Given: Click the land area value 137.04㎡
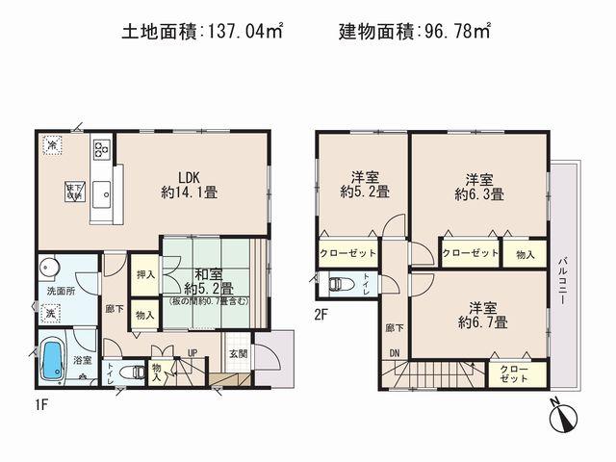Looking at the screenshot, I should [x=246, y=31].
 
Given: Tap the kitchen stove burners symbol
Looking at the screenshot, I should [x=102, y=149].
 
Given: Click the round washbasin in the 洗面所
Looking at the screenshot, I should [x=48, y=267].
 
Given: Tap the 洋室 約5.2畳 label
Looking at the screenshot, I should [x=364, y=184].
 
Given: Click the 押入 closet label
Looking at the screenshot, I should [x=143, y=274].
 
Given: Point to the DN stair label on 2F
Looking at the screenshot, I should [x=395, y=352].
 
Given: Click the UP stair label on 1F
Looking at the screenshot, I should [x=192, y=353].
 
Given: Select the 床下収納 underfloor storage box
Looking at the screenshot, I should [x=74, y=190].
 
